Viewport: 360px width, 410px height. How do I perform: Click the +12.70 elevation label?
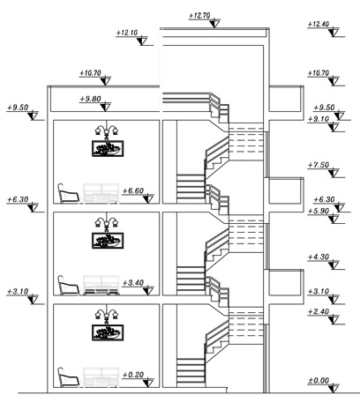tap(199, 15)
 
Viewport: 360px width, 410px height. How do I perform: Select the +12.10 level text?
tap(127, 33)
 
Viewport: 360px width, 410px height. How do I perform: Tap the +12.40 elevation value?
tap(319, 24)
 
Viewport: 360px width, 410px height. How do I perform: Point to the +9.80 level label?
tap(91, 99)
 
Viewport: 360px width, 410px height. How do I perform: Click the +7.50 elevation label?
tap(319, 165)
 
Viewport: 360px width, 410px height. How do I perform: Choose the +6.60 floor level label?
tap(133, 190)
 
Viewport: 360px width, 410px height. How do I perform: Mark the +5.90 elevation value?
tap(319, 211)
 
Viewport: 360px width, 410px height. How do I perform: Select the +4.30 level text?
tap(319, 257)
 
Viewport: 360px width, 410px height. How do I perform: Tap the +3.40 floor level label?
tap(133, 283)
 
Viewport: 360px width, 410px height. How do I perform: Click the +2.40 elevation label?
tap(319, 311)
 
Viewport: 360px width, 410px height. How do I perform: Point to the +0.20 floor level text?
tap(133, 375)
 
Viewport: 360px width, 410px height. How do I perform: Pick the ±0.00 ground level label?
tap(319, 381)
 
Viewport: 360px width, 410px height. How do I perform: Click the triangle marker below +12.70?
tap(214, 24)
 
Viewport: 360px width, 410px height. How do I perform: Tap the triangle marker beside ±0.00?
tap(334, 389)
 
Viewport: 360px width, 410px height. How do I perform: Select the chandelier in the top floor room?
tap(106, 130)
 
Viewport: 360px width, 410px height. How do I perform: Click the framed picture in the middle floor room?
tap(108, 241)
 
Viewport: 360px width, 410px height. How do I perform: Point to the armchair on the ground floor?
tap(68, 377)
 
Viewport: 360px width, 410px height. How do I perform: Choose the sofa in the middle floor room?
tap(101, 285)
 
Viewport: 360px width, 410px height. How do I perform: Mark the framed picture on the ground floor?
tap(108, 332)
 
